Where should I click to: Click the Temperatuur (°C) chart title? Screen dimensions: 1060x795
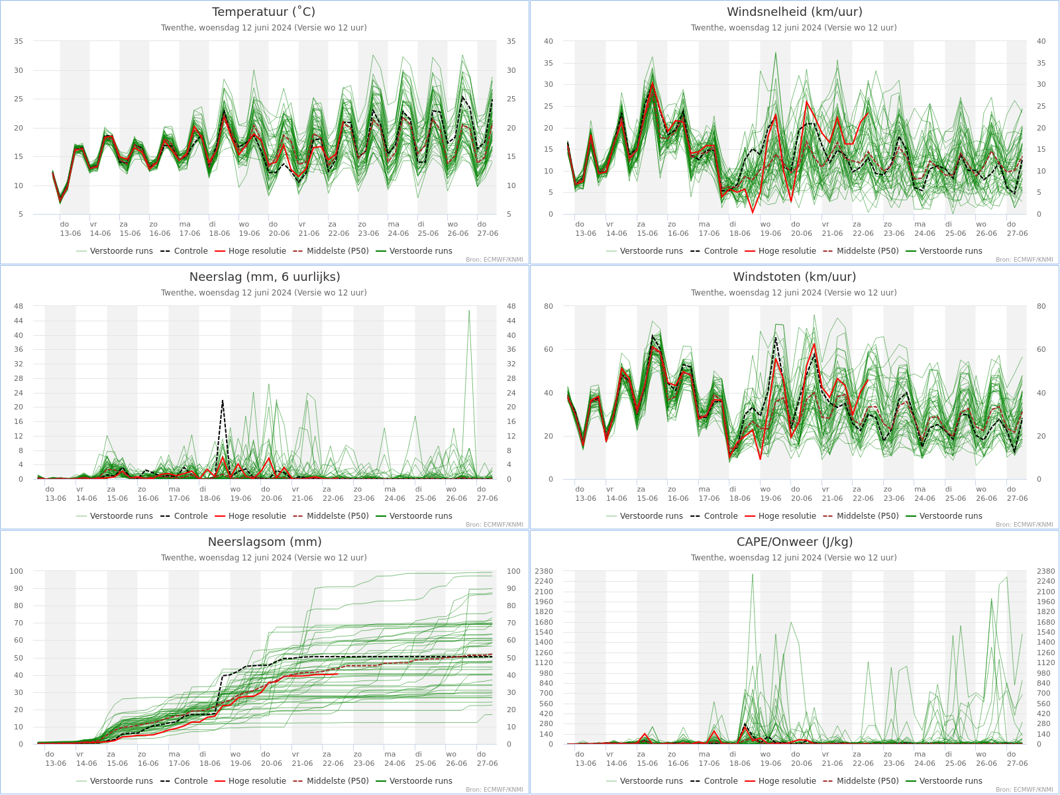point(264,11)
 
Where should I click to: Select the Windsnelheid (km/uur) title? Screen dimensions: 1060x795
point(794,11)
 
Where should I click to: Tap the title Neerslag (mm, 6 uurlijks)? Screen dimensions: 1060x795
point(264,277)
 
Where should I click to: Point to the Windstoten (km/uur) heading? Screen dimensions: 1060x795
point(794,277)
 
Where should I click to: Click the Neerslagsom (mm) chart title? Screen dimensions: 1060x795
point(264,542)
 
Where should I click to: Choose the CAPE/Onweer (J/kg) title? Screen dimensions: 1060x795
point(794,542)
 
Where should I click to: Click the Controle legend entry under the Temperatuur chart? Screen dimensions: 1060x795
point(184,251)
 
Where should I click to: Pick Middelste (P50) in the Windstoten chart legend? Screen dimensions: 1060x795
point(861,516)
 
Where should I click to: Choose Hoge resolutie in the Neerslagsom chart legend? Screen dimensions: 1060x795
point(250,781)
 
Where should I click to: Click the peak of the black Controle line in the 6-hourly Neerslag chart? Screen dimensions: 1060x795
point(222,400)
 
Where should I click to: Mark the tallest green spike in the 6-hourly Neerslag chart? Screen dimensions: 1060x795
point(469,311)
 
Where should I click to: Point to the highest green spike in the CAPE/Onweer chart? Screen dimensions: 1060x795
point(752,574)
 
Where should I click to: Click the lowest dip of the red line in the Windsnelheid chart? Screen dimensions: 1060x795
point(753,213)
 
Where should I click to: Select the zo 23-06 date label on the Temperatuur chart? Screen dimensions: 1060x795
point(368,229)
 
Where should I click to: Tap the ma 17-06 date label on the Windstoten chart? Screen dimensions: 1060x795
point(709,494)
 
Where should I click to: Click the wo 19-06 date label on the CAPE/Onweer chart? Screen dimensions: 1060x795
point(770,759)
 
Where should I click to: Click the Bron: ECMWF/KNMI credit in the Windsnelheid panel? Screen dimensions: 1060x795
point(1024,260)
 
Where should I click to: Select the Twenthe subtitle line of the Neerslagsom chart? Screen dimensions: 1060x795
point(264,558)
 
